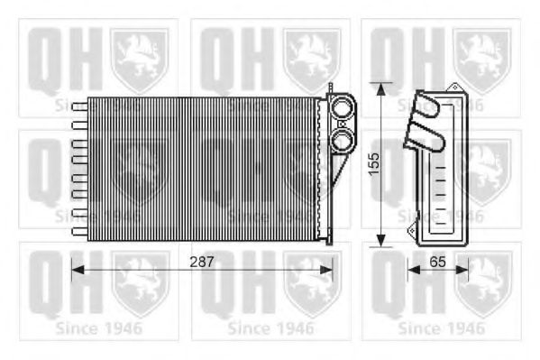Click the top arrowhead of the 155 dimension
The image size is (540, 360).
(x=383, y=88)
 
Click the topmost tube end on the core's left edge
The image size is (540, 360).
(x=78, y=106)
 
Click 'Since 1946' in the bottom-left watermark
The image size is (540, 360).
(x=97, y=328)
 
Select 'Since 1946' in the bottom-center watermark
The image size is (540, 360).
(x=270, y=328)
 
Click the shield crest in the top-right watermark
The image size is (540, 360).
(x=483, y=59)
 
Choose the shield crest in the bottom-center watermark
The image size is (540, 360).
(x=312, y=283)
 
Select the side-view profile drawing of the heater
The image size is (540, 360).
(x=439, y=169)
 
